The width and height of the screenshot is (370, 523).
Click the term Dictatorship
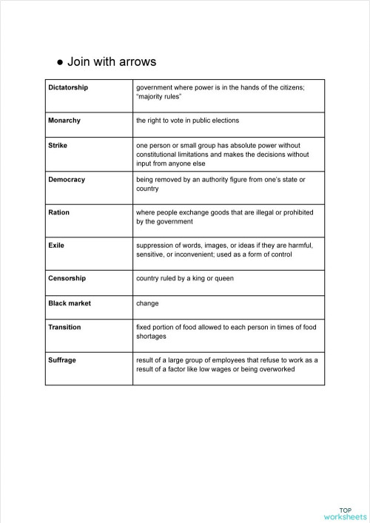click(68, 87)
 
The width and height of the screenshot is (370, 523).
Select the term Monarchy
click(64, 120)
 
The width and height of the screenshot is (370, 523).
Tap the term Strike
click(58, 145)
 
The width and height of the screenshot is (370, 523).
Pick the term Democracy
click(67, 179)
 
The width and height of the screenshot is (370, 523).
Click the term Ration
click(58, 212)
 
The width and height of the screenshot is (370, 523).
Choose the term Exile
click(56, 245)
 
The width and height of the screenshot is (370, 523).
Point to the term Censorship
click(67, 278)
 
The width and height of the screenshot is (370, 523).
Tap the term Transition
click(64, 327)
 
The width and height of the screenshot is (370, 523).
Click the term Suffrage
click(63, 360)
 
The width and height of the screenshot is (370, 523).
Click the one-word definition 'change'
click(148, 303)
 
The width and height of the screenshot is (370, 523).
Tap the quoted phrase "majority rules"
click(160, 96)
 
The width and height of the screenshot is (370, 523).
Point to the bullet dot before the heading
click(59, 62)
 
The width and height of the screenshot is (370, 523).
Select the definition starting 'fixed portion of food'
click(226, 331)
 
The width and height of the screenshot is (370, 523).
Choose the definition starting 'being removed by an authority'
click(220, 183)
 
